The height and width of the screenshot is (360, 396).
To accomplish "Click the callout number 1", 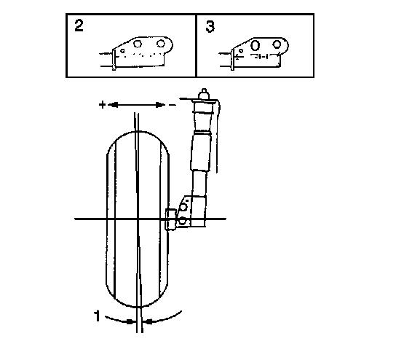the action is (97, 316).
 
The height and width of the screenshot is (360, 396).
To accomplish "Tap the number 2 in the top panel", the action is (79, 26).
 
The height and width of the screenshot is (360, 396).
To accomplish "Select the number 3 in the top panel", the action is (210, 26).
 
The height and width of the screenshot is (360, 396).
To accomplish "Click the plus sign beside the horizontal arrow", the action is (102, 104).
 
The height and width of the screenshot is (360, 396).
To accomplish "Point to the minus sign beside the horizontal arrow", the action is (173, 105).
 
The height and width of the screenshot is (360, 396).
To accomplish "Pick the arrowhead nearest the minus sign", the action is (160, 105).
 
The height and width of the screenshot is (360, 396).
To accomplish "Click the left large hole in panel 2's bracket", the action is (138, 44).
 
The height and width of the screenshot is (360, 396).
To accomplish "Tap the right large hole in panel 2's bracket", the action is (161, 44).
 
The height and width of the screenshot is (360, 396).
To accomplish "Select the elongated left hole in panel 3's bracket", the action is (255, 45).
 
